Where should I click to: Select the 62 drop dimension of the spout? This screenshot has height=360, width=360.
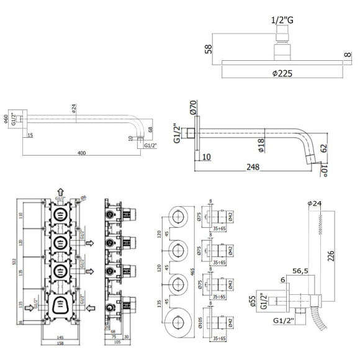pyautogui.click(x=323, y=148)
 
